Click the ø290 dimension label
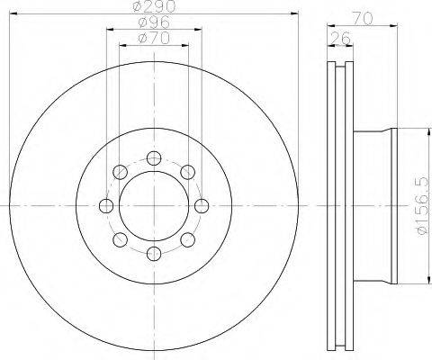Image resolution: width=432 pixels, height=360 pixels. coord(154,6)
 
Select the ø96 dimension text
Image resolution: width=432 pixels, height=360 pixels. coord(154,22)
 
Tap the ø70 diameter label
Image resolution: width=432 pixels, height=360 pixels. coord(154,38)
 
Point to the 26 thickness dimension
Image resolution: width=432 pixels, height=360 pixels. coord(340,38)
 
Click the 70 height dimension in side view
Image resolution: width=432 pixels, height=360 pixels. coord(363,19)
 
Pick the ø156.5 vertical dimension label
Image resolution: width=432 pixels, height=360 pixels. coord(423,206)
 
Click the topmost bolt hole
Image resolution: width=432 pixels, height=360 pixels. coord(154,158)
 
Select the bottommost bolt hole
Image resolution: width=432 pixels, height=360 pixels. coord(154,254)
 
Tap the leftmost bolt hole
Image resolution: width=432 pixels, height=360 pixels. coord(106,206)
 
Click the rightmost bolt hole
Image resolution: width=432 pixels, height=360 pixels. coord(202,206)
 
